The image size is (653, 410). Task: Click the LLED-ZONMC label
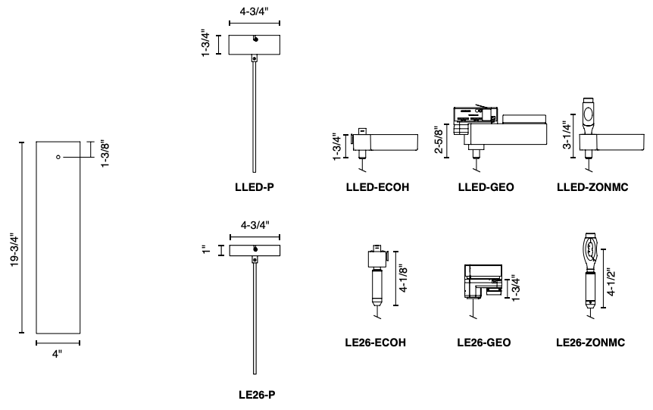[590, 185]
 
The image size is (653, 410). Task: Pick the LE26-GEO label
[484, 343]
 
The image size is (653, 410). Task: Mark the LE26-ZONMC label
[590, 343]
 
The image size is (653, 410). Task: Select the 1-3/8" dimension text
[106, 154]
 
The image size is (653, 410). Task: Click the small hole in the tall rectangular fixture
[58, 157]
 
